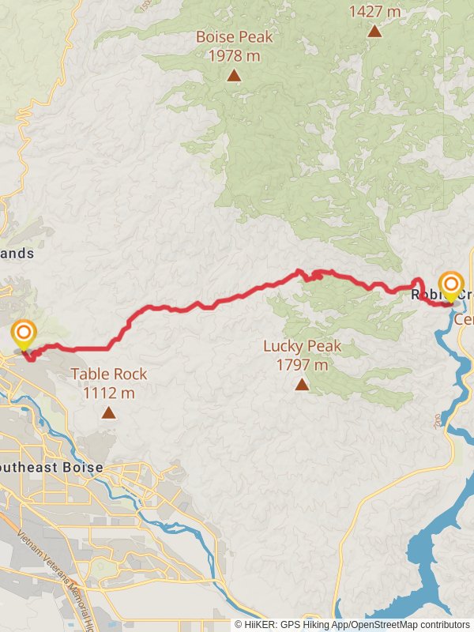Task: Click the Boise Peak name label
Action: point(234,37)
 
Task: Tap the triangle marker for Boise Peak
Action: point(234,75)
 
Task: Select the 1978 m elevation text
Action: point(234,55)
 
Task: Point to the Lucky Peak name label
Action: point(302,346)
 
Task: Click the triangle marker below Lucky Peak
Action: point(302,384)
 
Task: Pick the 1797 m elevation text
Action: point(302,365)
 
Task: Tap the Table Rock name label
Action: point(108,374)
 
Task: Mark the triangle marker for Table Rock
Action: point(108,412)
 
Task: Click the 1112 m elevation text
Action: point(108,393)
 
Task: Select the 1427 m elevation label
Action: point(374,12)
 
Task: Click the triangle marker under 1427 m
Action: point(374,31)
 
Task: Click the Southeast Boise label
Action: point(51,468)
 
